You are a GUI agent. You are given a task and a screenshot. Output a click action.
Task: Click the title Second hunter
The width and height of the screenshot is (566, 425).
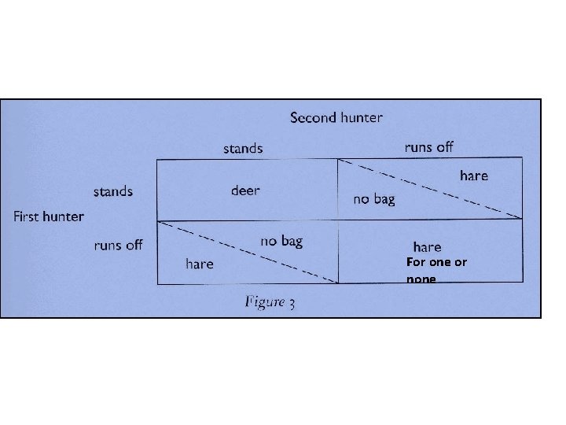tap(336, 118)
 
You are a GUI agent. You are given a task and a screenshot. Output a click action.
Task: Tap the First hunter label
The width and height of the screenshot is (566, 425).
tap(49, 216)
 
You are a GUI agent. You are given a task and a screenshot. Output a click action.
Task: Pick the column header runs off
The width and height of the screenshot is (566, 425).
tap(428, 146)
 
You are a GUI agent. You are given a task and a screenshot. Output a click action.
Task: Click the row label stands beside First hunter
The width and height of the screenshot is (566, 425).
tap(113, 191)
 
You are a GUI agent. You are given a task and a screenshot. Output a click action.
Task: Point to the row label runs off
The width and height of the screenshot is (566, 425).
tap(118, 245)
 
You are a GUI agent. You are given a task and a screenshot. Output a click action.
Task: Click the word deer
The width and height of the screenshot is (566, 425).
tap(245, 190)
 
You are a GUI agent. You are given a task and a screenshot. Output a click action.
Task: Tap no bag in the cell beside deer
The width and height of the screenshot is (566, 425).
tap(374, 199)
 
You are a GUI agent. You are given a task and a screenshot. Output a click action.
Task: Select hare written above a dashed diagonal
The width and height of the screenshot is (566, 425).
tap(473, 176)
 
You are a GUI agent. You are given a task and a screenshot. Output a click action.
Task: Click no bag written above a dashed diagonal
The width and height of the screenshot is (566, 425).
tap(281, 241)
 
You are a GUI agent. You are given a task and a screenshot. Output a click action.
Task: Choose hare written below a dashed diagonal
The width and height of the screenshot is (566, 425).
tap(199, 264)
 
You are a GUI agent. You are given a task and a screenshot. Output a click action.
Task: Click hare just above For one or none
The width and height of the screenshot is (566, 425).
tap(427, 247)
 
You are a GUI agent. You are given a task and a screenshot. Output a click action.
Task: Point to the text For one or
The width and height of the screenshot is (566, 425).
tap(436, 262)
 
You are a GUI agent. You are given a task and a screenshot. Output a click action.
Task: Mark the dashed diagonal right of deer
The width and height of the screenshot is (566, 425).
tap(429, 189)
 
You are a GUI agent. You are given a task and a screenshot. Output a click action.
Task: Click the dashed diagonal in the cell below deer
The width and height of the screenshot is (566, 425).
tap(248, 252)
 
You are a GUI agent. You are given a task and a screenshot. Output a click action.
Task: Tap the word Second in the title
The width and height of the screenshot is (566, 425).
tap(314, 118)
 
